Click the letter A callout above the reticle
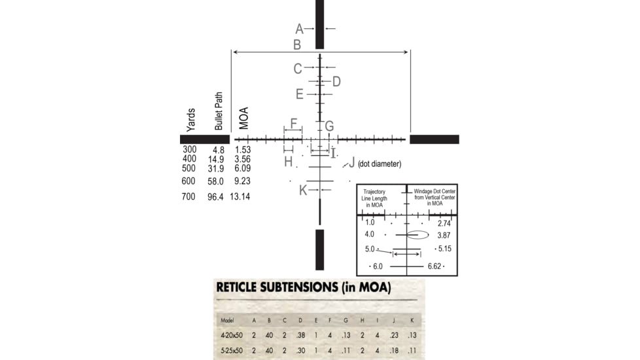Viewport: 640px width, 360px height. (299, 29)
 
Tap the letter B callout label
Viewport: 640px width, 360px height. (297, 45)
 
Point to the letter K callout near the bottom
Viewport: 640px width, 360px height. (302, 190)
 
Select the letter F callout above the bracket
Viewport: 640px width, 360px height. (293, 124)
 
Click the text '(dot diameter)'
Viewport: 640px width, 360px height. (380, 164)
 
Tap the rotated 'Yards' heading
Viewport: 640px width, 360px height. (191, 120)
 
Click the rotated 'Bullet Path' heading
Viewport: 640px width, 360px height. (219, 111)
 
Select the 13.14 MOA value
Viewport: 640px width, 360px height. (240, 197)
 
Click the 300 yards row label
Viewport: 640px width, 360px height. (190, 149)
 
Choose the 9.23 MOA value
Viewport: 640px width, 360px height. (242, 181)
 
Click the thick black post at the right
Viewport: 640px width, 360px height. (434, 139)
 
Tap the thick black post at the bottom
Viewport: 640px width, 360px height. (319, 249)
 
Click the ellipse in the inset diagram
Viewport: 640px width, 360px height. (417, 234)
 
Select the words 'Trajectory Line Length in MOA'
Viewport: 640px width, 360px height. (375, 198)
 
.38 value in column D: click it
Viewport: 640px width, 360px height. (300, 335)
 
